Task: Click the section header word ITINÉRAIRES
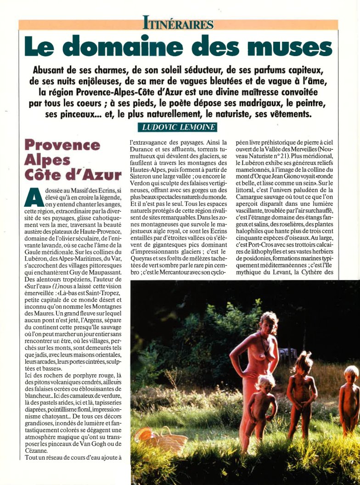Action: point(178,23)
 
